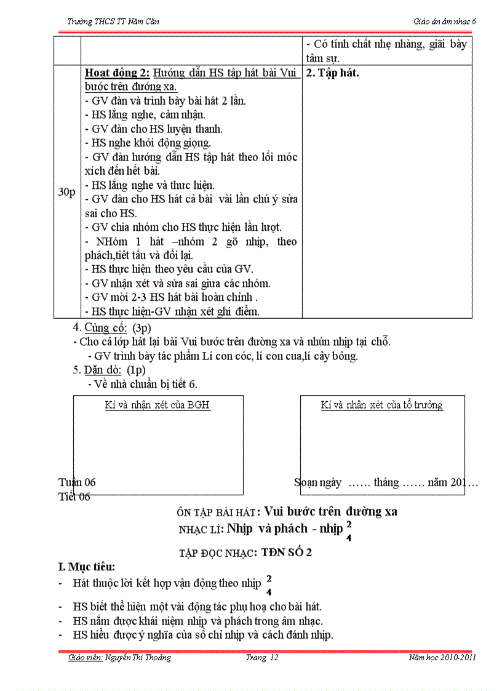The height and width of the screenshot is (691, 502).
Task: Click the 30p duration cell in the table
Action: coord(66,193)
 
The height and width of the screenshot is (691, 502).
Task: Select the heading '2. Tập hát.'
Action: coord(333,73)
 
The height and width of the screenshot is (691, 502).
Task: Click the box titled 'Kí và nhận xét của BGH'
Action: coord(158,444)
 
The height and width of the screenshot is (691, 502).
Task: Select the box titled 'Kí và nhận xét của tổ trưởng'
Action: coord(382,444)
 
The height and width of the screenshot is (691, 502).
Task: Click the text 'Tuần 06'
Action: coord(77,482)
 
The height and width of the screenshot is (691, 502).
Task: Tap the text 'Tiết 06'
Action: coord(74,497)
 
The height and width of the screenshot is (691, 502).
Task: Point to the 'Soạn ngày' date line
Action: coord(386,482)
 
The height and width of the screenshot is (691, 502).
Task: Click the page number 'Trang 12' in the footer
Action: coord(262,658)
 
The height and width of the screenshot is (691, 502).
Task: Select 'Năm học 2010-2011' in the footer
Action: coord(442,658)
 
